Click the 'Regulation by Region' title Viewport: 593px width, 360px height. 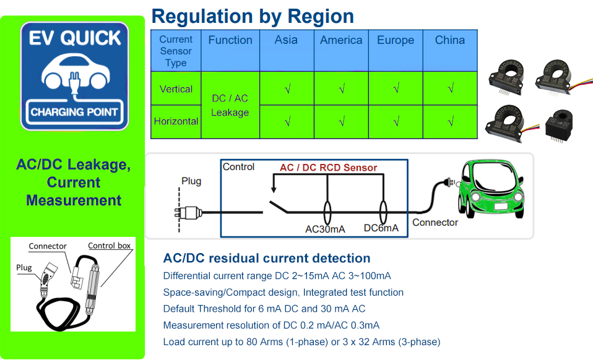pos(253,16)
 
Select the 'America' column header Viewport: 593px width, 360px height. pos(341,40)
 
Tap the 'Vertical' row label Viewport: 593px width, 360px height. pos(176,89)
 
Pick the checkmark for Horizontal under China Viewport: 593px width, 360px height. pos(450,122)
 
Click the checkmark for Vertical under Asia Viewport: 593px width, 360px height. pos(287,89)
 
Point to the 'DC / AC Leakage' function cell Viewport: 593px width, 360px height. pos(230,105)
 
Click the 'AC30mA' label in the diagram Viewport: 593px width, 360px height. pos(325,229)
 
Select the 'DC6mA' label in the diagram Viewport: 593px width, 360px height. pos(381,228)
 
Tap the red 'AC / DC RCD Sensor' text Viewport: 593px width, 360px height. pos(328,168)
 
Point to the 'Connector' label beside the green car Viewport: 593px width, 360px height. pos(435,222)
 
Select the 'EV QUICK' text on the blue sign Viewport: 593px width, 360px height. pos(74,38)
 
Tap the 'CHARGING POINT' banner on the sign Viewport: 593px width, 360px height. pos(74,112)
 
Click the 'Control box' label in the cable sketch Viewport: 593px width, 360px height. pos(110,246)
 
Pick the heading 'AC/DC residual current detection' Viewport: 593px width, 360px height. pos(266,259)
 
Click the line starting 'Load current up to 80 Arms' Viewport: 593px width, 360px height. pos(301,342)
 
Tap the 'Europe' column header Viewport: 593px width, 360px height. pos(396,40)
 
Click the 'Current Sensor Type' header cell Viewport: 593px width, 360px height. pos(176,51)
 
